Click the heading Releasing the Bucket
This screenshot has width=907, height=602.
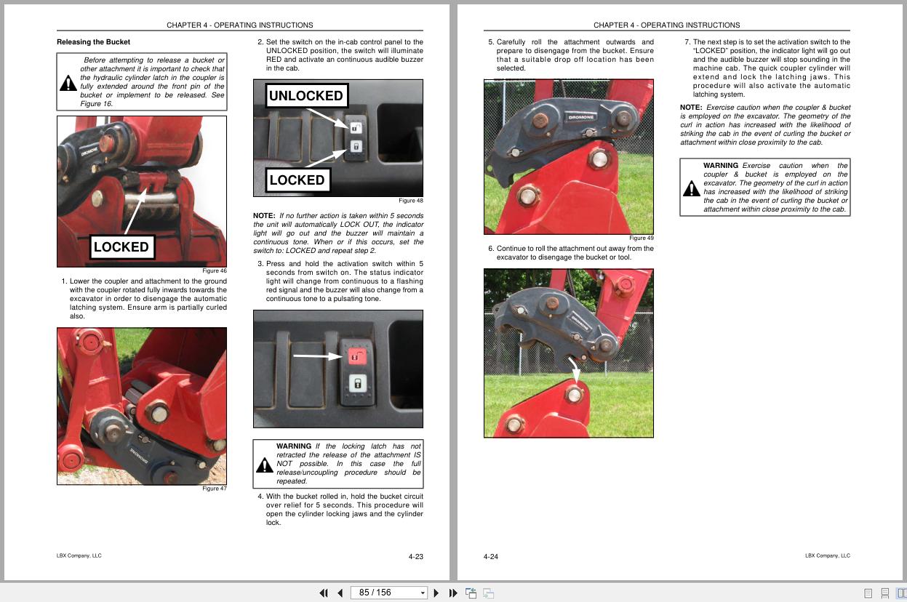coord(94,42)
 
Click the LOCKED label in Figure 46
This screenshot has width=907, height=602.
coord(121,246)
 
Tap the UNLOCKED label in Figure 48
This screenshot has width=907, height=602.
coord(305,95)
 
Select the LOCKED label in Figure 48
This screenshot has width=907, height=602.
coord(297,180)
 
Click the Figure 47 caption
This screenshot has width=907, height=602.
coord(215,489)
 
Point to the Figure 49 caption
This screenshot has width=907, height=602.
coord(641,238)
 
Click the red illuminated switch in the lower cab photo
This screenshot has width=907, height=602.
coord(356,356)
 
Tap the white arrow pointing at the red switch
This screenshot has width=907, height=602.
coord(316,356)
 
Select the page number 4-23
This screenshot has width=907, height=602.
coord(415,557)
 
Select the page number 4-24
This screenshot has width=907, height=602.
coord(491,557)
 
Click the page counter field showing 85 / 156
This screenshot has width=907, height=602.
coord(383,593)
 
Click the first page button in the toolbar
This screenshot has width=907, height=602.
coord(324,593)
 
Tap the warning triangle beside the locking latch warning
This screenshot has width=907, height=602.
coord(265,465)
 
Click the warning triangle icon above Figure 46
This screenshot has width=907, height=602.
coord(68,84)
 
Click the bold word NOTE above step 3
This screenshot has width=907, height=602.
coord(264,216)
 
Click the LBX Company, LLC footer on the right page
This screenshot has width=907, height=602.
coord(827,555)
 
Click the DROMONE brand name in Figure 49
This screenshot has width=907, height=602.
coord(581,117)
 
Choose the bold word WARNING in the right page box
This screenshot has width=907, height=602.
coord(720,166)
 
